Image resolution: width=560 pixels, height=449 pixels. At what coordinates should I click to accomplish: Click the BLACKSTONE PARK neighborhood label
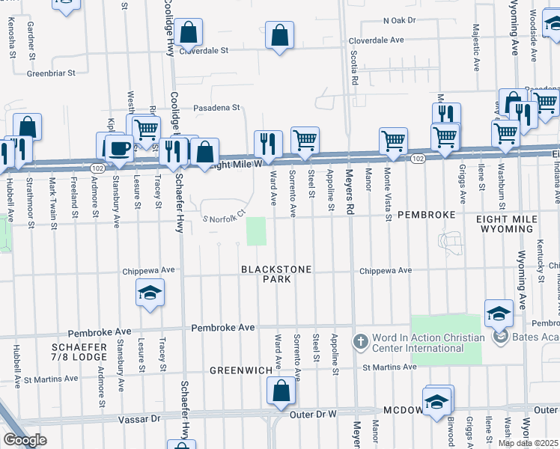pyautogui.click(x=266, y=273)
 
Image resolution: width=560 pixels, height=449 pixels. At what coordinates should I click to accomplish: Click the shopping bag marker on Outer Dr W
pyautogui.click(x=280, y=391)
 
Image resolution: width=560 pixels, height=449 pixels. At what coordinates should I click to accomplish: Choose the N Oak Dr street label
pyautogui.click(x=398, y=21)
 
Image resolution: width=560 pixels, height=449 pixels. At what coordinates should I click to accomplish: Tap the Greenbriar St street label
pyautogui.click(x=52, y=73)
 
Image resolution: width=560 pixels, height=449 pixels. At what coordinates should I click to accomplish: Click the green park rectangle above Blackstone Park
pyautogui.click(x=257, y=231)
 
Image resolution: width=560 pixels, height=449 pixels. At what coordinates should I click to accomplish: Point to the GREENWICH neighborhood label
pyautogui.click(x=240, y=370)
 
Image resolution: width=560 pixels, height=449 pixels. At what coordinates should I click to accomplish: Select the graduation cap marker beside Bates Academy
pyautogui.click(x=499, y=314)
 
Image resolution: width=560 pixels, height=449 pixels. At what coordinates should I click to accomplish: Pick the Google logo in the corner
pyautogui.click(x=25, y=439)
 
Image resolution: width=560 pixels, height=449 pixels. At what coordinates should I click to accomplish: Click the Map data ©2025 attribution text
pyautogui.click(x=529, y=443)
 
